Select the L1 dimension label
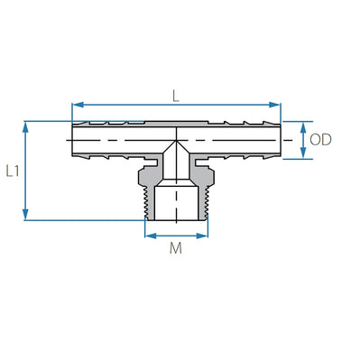13,170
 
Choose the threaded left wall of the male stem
149,200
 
